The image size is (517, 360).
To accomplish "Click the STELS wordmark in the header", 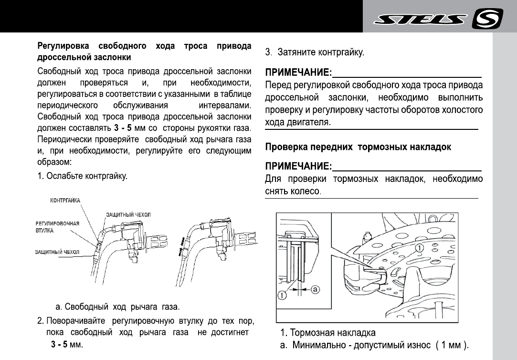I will pyautogui.click(x=420, y=20).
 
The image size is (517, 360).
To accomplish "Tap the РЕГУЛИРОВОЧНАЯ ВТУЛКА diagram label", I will pyautogui.click(x=57, y=227).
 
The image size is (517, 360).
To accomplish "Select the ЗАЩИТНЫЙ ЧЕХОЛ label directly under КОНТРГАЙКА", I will pyautogui.click(x=128, y=215).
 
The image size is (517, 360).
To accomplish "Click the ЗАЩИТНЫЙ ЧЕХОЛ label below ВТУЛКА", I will pyautogui.click(x=57, y=251).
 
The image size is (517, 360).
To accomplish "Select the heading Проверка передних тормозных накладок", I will pyautogui.click(x=358, y=147).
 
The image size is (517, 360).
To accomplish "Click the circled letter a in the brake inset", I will pyautogui.click(x=316, y=289).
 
